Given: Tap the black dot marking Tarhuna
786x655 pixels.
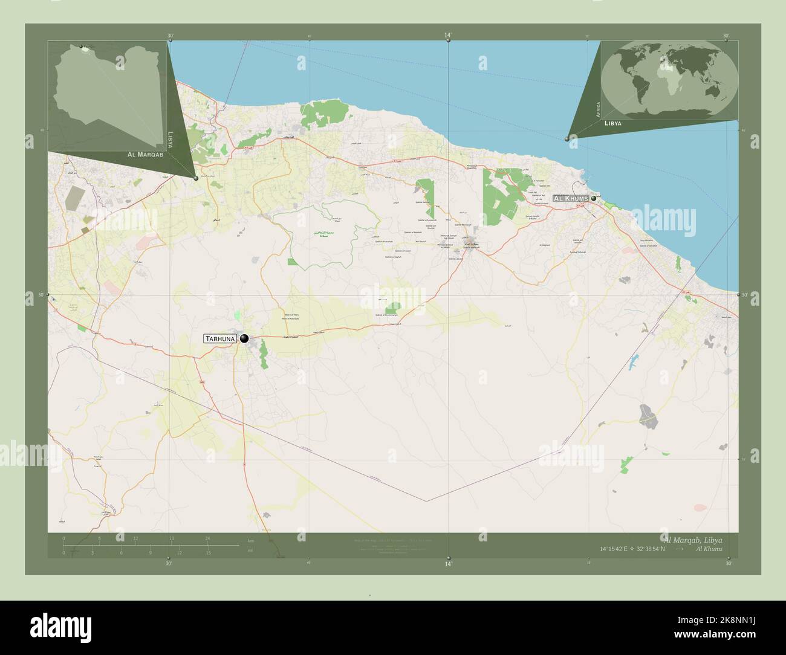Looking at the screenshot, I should [244, 339].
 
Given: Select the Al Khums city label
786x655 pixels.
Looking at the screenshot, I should [570, 198].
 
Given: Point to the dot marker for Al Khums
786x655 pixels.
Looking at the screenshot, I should [594, 198].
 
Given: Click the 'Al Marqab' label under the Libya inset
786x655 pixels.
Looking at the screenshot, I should [146, 155].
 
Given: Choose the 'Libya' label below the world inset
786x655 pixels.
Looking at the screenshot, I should [612, 123].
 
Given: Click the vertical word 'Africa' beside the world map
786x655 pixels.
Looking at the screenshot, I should [599, 109].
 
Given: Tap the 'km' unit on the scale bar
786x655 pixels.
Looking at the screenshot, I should [250, 540].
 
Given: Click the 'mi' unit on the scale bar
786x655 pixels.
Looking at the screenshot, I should [250, 551].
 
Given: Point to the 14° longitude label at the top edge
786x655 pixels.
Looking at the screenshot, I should [448, 36].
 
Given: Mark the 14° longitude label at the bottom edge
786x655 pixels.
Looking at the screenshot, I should [448, 564].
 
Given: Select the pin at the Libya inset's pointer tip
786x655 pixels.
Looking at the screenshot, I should [196, 178].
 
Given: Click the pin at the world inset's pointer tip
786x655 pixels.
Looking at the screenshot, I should [567, 139].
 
